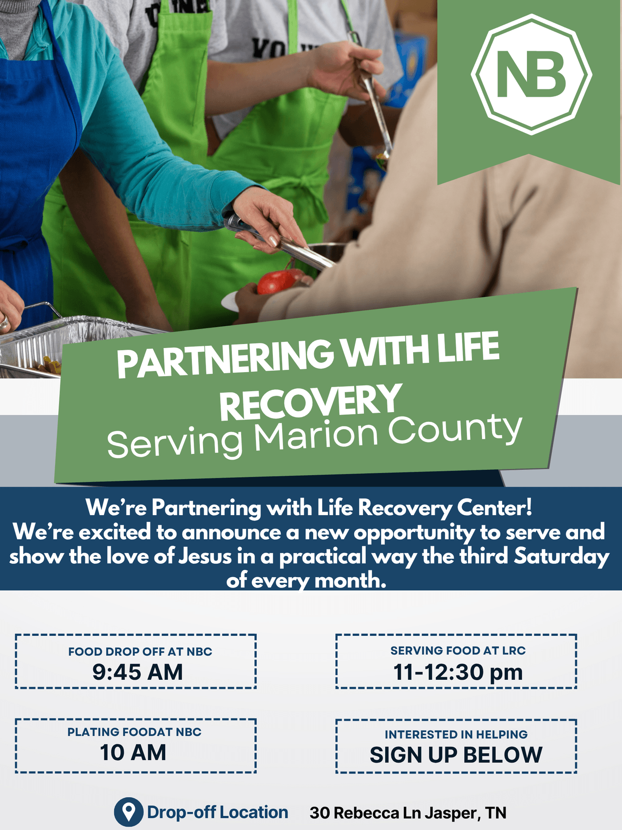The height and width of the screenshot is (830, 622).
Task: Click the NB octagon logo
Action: (x=531, y=74)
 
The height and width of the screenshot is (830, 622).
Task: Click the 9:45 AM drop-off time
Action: (x=138, y=672)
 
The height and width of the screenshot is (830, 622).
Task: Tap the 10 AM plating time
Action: (x=133, y=752)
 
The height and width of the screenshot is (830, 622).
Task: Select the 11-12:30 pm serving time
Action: (x=458, y=672)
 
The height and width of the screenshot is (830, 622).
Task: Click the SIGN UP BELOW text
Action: (x=456, y=755)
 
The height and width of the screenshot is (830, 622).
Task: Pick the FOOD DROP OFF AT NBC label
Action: (x=140, y=652)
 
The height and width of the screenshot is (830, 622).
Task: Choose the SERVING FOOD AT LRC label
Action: (x=458, y=651)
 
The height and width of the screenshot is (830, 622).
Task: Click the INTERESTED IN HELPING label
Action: (x=456, y=734)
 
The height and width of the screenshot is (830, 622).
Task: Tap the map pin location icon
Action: (x=129, y=812)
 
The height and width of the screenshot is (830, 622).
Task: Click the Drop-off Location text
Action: (x=218, y=812)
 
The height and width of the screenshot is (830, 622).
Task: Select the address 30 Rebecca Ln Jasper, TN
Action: (x=408, y=813)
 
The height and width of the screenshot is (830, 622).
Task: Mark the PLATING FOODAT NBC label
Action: (x=135, y=732)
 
